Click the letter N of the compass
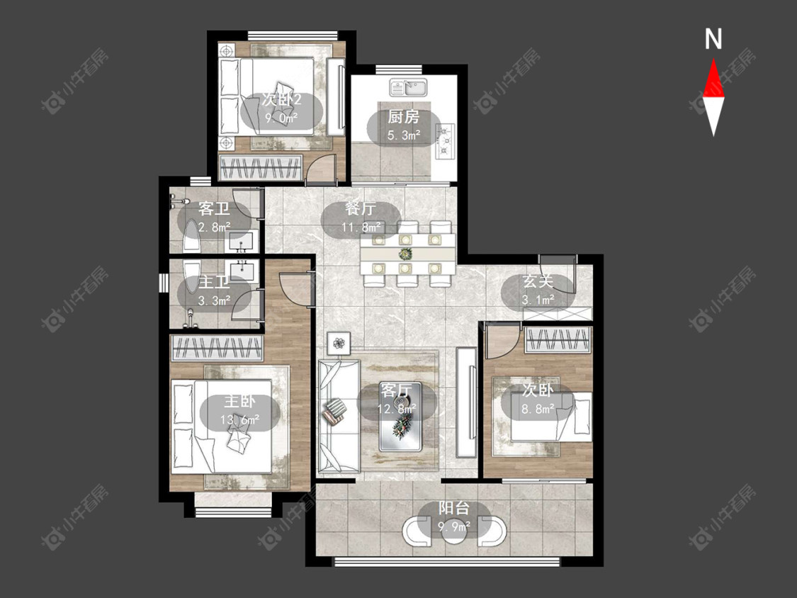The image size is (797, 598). click(x=713, y=39)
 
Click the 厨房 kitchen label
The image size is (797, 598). click(x=404, y=117)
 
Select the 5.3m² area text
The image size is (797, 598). click(x=404, y=135)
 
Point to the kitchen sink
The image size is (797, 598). click(x=409, y=87)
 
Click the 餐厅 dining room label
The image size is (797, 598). click(x=361, y=209)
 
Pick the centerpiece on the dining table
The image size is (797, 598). click(x=405, y=253)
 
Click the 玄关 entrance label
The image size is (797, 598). click(x=538, y=281)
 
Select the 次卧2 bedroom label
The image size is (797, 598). click(x=281, y=99)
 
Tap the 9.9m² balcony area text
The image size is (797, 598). click(x=454, y=526)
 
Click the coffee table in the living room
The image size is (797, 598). click(x=400, y=417)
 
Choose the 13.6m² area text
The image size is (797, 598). click(x=240, y=420)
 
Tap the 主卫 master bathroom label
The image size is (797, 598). click(x=213, y=281)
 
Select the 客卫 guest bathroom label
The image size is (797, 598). click(x=213, y=208)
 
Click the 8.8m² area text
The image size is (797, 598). click(x=538, y=408)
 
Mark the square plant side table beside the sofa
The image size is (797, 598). click(x=339, y=343)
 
